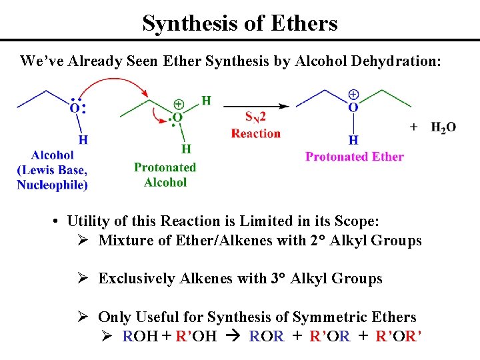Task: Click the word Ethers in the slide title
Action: pos(304,24)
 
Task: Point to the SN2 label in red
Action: pos(257,118)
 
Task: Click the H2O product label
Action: pos(443,127)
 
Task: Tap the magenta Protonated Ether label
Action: pos(354,157)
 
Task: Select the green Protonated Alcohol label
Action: pos(165,175)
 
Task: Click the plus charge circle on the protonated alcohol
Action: pos(179,104)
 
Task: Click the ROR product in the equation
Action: pos(266,336)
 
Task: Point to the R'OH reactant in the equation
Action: pos(195,336)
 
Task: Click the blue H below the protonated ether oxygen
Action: pos(353,140)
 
